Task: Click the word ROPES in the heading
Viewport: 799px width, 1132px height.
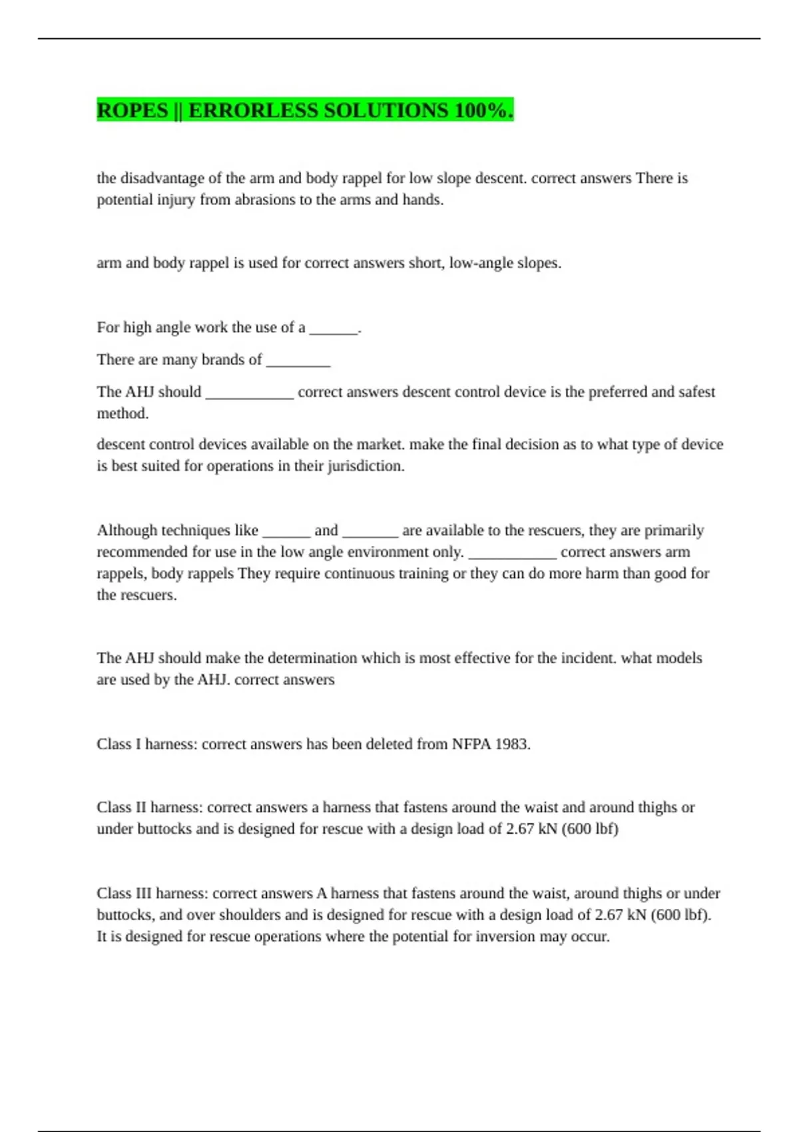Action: pos(132,111)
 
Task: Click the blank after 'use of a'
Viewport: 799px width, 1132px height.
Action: pos(334,329)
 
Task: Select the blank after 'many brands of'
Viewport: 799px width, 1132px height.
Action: pos(298,361)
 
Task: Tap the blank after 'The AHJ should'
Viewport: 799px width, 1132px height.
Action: pos(250,393)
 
